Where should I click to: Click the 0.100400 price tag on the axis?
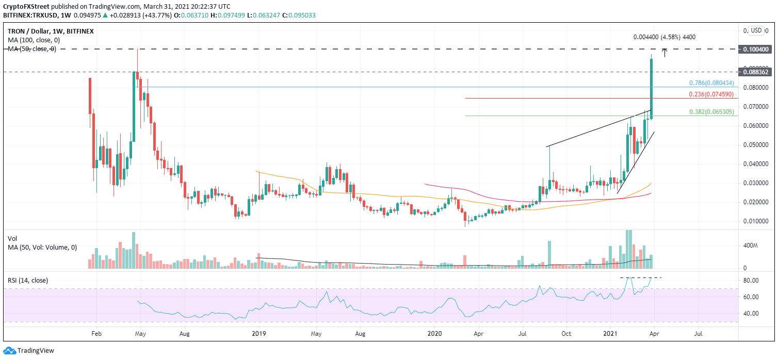pos(756,49)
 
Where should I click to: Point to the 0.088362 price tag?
pos(756,72)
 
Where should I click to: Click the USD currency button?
pos(756,30)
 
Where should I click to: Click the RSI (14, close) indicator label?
pos(27,281)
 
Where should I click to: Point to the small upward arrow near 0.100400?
pos(666,52)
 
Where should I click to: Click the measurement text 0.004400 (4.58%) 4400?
pos(664,37)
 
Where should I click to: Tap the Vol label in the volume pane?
pos(12,238)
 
